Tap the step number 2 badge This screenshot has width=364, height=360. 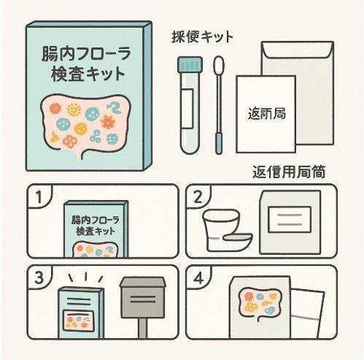[198, 196]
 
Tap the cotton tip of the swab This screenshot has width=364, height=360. [218, 67]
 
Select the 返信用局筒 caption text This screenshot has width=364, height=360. [288, 173]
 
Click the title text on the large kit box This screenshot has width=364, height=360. [85, 64]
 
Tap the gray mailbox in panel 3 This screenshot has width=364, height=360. [143, 299]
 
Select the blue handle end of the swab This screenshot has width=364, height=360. [219, 142]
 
